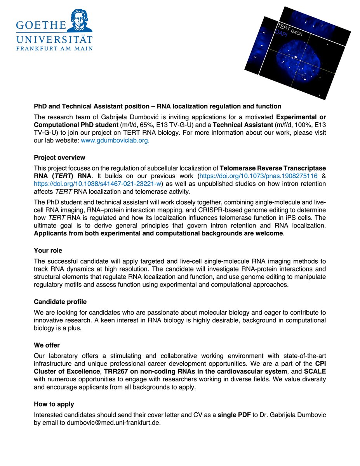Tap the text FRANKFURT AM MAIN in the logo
pyautogui.click(x=54, y=49)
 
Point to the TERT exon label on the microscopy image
pyautogui.click(x=289, y=30)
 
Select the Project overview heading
pyautogui.click(x=59, y=158)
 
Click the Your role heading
pyautogui.click(x=48, y=250)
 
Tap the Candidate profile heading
pyautogui.click(x=60, y=302)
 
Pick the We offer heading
pyautogui.click(x=47, y=345)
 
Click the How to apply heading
pyautogui.click(x=54, y=404)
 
